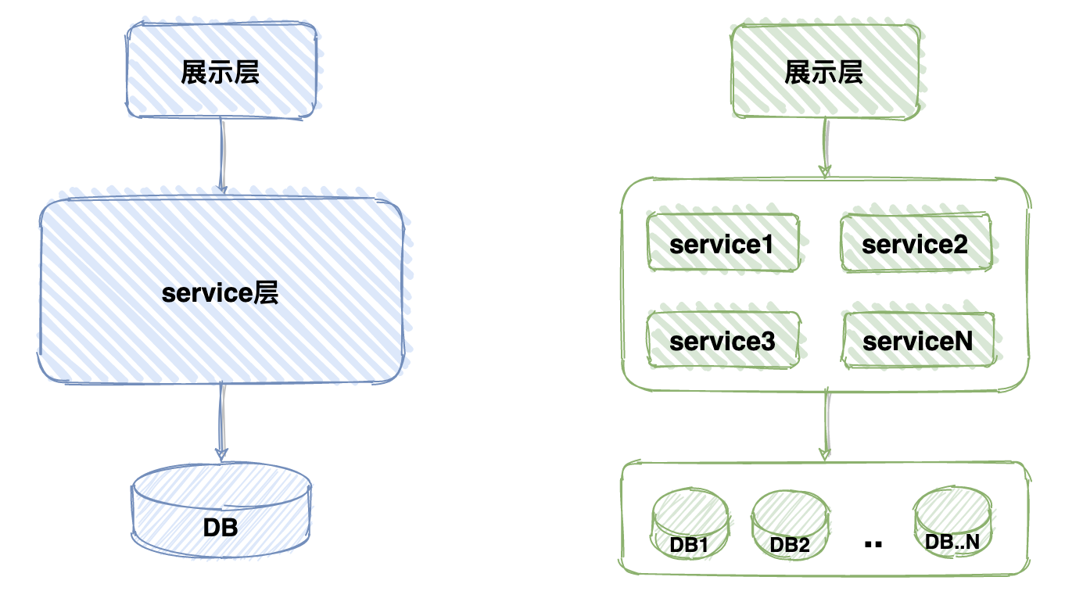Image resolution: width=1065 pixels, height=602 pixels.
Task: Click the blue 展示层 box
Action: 221,70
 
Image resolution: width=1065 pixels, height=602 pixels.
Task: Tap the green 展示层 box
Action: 824,70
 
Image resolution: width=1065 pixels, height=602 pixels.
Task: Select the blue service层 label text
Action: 221,294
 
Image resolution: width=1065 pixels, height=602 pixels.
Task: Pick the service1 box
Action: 723,244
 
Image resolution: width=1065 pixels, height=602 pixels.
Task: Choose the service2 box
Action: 916,244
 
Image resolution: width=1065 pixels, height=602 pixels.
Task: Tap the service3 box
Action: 723,341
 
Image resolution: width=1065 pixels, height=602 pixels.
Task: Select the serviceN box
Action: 918,341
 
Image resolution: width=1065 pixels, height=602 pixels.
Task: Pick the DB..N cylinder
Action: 952,521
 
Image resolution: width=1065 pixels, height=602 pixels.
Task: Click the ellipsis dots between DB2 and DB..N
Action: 874,543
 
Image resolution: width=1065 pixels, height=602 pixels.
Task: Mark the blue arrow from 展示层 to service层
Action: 222,156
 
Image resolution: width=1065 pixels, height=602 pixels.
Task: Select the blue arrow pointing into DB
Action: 222,422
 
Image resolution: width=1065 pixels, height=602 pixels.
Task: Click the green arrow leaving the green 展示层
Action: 824,148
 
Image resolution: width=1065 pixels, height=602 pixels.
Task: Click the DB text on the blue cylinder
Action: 221,528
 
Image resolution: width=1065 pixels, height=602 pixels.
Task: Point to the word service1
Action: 722,245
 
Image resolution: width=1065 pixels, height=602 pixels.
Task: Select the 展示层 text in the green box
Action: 824,73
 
